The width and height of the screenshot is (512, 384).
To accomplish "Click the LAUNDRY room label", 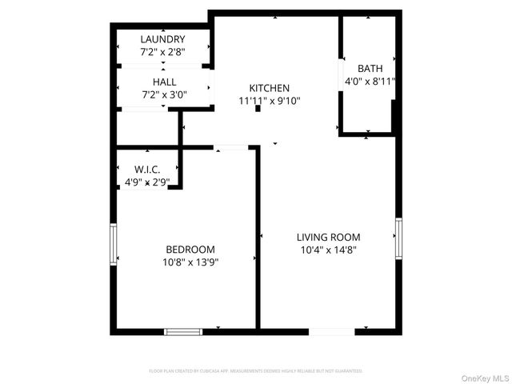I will (162, 39).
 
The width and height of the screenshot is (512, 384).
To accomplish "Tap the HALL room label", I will (165, 82).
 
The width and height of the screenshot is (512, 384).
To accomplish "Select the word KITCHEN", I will (269, 88).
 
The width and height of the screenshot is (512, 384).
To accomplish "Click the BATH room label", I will (370, 69).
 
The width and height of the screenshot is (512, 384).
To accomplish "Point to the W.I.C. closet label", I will (146, 170).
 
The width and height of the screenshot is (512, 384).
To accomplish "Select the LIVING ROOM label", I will (328, 237).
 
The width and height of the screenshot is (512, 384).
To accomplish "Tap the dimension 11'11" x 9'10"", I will (269, 101).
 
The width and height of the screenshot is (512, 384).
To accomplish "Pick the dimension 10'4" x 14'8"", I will (328, 250).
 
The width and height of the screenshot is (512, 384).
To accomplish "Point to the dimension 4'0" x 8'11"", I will (370, 82).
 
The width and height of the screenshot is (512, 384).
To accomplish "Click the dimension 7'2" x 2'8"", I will (162, 52).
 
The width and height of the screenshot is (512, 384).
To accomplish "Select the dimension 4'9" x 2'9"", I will (146, 182).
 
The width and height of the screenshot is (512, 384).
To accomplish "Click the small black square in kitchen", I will (258, 109).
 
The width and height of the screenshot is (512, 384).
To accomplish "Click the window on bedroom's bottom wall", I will (183, 330).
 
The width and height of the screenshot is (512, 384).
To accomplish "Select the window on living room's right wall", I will (398, 238).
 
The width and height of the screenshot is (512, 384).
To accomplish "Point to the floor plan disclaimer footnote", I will (256, 371).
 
